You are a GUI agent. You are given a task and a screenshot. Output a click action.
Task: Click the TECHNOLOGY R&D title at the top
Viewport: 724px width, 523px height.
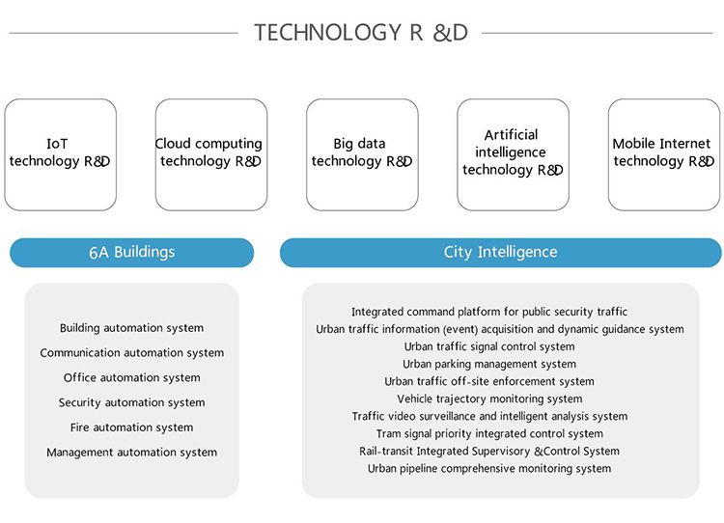[361, 32]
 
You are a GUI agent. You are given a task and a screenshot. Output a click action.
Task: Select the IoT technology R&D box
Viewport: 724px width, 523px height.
[60, 153]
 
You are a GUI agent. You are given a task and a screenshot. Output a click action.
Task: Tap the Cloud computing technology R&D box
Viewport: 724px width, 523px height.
[210, 153]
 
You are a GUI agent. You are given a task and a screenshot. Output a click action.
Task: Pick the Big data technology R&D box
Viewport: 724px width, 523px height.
[361, 153]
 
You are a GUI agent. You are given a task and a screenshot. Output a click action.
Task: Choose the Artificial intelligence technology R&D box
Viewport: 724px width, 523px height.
[513, 153]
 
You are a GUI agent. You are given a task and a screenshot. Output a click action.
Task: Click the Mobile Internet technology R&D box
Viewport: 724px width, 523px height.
[663, 153]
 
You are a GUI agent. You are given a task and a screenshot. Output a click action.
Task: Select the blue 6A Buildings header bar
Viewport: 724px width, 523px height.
[131, 253]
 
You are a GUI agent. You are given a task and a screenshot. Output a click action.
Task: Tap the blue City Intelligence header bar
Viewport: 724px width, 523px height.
[500, 253]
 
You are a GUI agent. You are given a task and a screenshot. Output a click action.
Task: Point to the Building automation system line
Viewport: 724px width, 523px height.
[131, 328]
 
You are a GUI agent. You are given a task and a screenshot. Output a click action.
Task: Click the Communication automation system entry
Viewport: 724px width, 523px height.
[131, 353]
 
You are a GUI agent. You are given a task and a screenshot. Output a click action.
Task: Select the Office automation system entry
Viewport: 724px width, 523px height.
[131, 378]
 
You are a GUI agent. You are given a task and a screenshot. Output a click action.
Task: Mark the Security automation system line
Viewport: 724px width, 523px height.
[131, 402]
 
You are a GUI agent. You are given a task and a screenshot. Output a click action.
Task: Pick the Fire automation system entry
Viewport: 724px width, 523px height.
[131, 427]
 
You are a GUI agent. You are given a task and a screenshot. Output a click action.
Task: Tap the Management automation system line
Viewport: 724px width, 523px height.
[131, 453]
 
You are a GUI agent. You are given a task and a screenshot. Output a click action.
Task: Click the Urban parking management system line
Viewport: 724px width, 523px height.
[489, 364]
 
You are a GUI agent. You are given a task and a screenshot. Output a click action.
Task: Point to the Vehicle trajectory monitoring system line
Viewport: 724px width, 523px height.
[489, 399]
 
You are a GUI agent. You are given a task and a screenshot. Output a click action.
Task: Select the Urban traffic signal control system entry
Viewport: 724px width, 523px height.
[489, 346]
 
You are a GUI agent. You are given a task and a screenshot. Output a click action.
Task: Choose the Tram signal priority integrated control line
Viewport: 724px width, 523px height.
[489, 433]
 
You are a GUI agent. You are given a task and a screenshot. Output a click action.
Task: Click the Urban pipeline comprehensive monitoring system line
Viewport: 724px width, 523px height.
[489, 468]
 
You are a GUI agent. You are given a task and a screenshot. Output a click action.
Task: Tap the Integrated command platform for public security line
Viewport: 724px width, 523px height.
[489, 312]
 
